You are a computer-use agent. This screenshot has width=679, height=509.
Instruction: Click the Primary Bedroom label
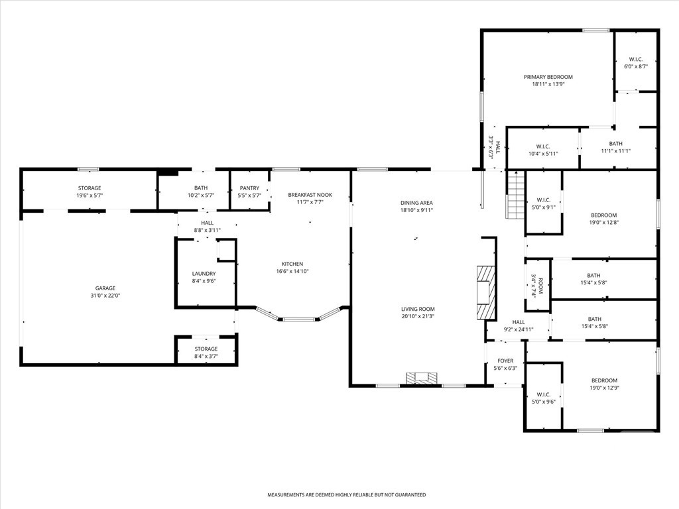[x=548, y=77]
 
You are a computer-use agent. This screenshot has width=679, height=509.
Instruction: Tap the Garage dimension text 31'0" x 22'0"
[x=105, y=296]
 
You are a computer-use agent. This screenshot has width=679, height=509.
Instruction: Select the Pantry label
[x=249, y=188]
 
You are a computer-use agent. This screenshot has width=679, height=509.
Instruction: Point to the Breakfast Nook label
[x=310, y=195]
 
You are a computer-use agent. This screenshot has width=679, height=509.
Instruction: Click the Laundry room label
[x=204, y=274]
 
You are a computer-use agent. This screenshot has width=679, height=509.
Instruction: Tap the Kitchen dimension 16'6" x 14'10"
[x=292, y=271]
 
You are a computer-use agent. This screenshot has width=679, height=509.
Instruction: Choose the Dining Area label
[x=416, y=203]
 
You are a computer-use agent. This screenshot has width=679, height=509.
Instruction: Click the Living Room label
[x=418, y=309]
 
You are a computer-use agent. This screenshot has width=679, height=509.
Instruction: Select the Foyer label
[x=505, y=361]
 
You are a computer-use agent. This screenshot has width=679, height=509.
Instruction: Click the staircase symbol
[x=515, y=195]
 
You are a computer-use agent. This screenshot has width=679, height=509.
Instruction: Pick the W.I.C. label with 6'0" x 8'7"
[x=636, y=59]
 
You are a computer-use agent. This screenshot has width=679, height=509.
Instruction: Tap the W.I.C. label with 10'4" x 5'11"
[x=543, y=146]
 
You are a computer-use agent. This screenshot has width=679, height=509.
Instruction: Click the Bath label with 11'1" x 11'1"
[x=616, y=144]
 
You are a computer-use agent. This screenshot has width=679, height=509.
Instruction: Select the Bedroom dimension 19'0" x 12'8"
[x=604, y=223]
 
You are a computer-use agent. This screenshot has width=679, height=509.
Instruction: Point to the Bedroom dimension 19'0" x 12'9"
[x=605, y=388]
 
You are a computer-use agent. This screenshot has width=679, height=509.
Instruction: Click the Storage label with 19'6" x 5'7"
[x=90, y=188]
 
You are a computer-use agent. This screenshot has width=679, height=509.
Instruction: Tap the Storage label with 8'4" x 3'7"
[x=206, y=349]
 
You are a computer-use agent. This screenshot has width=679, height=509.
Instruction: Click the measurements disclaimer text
[x=346, y=494]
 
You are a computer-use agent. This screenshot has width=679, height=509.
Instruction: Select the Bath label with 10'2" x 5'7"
[x=201, y=188]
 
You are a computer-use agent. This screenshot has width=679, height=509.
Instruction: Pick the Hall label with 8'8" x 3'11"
[x=208, y=223]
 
